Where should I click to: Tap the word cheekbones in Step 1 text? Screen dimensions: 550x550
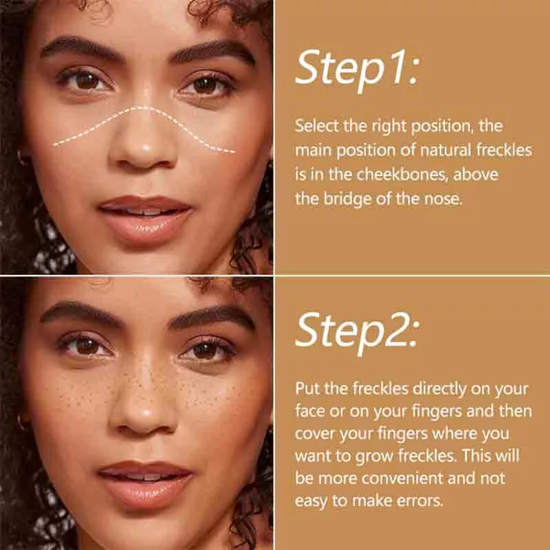[402, 175]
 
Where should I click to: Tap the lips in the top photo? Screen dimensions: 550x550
[145, 217]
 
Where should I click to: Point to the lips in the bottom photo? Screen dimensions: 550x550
[145, 483]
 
